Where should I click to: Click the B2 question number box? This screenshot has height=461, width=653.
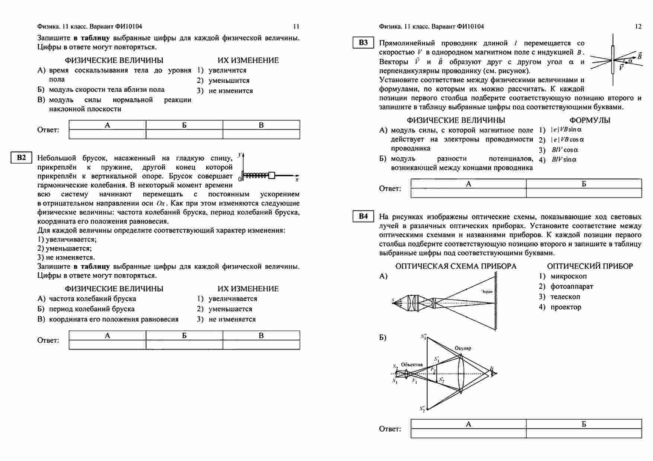[22, 157]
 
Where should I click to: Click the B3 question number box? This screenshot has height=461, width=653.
[363, 43]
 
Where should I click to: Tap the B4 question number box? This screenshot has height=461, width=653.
[363, 216]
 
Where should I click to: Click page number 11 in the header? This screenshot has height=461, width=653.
[296, 26]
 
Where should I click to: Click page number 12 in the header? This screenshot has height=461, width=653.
[638, 26]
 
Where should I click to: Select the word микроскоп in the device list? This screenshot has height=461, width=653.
[568, 276]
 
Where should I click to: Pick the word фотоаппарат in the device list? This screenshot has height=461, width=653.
[572, 286]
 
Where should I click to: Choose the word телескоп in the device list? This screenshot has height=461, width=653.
[565, 297]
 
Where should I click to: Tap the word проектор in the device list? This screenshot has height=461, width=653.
[566, 307]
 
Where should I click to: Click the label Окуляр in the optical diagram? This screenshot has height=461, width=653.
[463, 348]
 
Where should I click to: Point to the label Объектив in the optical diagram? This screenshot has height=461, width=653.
[412, 365]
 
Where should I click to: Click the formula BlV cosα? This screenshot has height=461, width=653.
[565, 150]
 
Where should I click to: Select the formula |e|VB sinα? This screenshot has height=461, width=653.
[566, 130]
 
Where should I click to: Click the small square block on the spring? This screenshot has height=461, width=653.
[272, 175]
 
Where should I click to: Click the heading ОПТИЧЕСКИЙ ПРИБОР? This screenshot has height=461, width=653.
[590, 266]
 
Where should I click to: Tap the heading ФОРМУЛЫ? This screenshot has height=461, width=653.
[590, 120]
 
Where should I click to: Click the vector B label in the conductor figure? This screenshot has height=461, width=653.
[639, 56]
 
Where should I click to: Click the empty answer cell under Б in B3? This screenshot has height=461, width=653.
[584, 193]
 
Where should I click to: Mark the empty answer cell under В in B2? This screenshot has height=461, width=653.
[261, 345]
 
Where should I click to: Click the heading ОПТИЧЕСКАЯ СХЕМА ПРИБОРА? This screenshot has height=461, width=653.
[456, 266]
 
